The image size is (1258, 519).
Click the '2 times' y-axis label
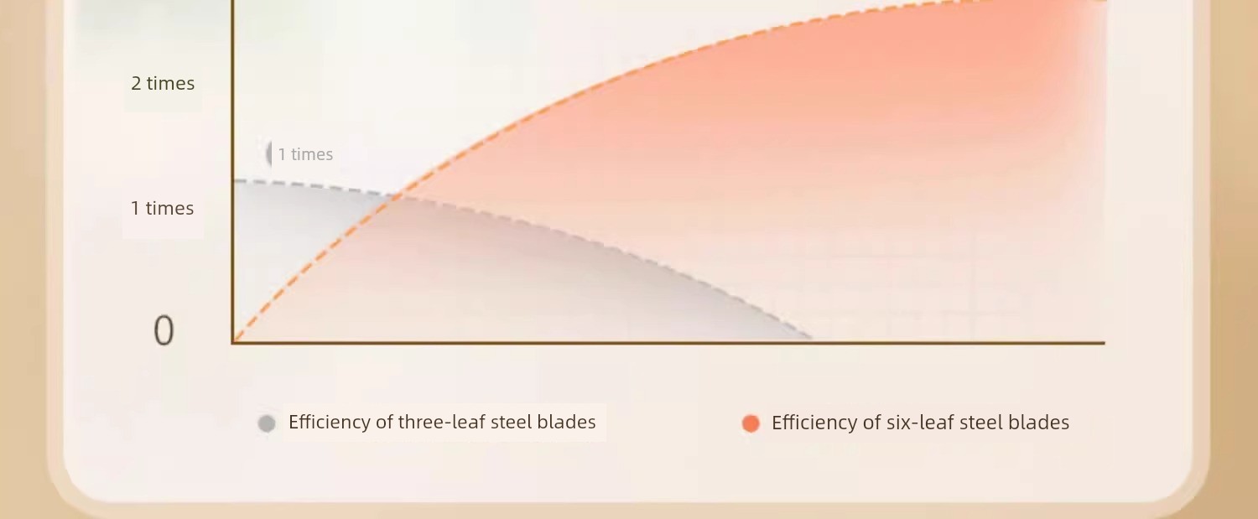click(163, 83)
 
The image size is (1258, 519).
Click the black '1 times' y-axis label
click(163, 209)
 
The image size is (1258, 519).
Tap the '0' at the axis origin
click(164, 330)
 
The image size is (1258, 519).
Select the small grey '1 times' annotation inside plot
click(305, 154)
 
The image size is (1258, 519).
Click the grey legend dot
click(267, 423)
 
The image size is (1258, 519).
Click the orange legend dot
click(751, 423)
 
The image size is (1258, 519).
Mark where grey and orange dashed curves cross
click(398, 196)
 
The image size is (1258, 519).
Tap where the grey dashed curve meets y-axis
click(234, 180)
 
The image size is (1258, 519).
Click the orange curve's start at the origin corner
click(234, 340)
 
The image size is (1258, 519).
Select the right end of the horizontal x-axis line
click(1104, 342)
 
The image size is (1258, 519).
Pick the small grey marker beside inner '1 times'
click(269, 154)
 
